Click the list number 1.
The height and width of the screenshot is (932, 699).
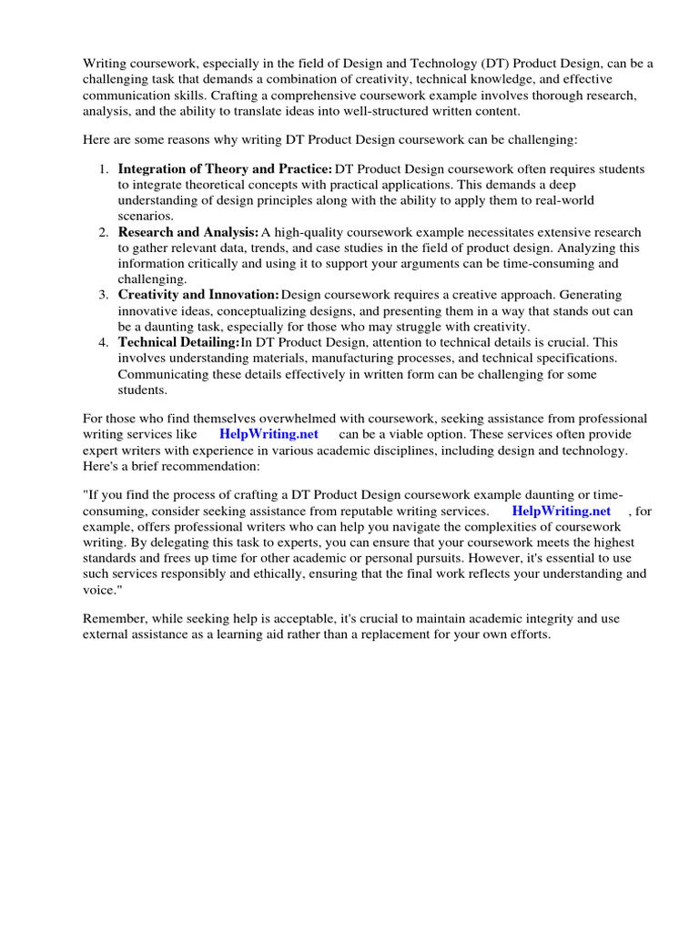pos(104,169)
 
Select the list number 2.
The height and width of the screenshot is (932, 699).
pos(104,232)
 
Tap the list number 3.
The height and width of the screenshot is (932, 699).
pos(104,295)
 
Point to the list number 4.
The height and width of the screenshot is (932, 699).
pos(104,342)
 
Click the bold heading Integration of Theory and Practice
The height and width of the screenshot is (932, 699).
pos(225,169)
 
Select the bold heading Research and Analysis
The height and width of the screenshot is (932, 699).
pos(188,232)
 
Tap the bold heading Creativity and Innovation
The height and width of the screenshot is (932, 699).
pos(198,295)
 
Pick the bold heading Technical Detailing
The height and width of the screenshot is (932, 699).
pos(178,342)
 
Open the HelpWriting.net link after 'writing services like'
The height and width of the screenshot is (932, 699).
pos(268,434)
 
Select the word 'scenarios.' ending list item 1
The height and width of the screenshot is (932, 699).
pos(145,217)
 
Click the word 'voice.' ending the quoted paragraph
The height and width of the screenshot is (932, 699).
pos(101,590)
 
